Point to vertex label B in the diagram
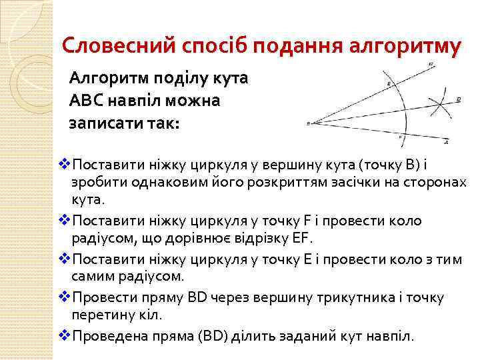coord(308,123)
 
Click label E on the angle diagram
coord(389,84)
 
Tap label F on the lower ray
coord(400,137)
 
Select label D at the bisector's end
coord(459,99)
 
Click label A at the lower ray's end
coord(446,142)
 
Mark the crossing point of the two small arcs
coord(437,105)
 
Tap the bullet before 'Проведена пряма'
coord(65,335)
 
